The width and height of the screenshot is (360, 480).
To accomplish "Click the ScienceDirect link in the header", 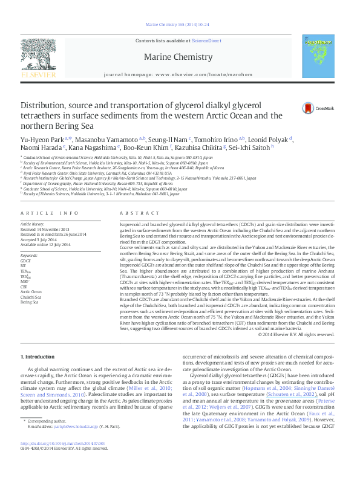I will [x=206, y=41].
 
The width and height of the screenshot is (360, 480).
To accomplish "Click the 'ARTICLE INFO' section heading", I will [x=50, y=213].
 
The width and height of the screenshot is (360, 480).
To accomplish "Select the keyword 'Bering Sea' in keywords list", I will [x=30, y=284].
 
